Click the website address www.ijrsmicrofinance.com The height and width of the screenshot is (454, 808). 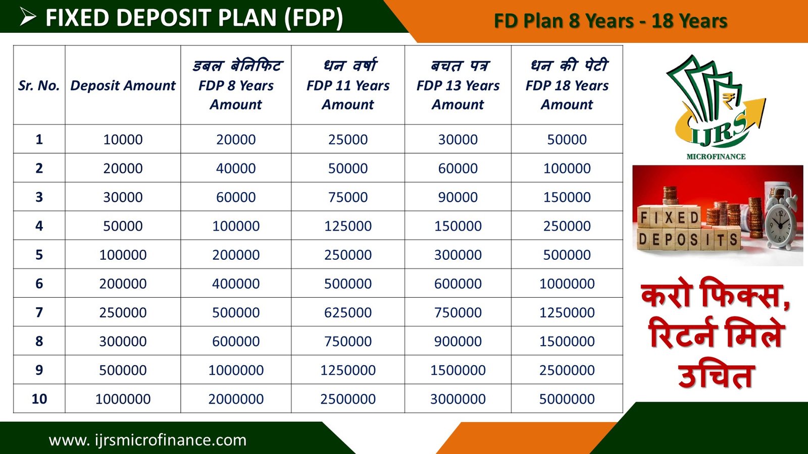(x=147, y=440)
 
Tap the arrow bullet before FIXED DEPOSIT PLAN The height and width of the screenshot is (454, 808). (x=28, y=17)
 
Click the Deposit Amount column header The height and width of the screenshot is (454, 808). (x=123, y=85)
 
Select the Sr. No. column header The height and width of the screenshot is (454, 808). (x=39, y=85)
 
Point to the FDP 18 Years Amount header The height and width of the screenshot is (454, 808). (x=567, y=85)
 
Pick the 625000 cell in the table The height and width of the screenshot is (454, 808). (x=348, y=312)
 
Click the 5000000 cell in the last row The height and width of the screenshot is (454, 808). (x=567, y=399)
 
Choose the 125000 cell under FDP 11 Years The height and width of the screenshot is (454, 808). (x=348, y=226)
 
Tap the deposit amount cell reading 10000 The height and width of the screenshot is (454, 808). (x=123, y=139)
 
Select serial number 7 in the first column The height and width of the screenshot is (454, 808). (x=39, y=312)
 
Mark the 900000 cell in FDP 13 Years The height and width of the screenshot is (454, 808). (x=458, y=341)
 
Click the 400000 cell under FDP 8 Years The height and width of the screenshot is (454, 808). (x=235, y=283)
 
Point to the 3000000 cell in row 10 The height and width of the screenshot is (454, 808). (x=458, y=399)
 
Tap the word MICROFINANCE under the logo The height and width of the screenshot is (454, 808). (x=716, y=156)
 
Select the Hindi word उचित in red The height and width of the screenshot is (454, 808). (x=716, y=375)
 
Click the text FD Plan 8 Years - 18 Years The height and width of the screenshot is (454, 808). (x=611, y=21)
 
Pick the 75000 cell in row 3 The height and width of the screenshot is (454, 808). (x=348, y=197)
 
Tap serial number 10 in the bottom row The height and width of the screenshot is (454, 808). (x=39, y=399)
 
